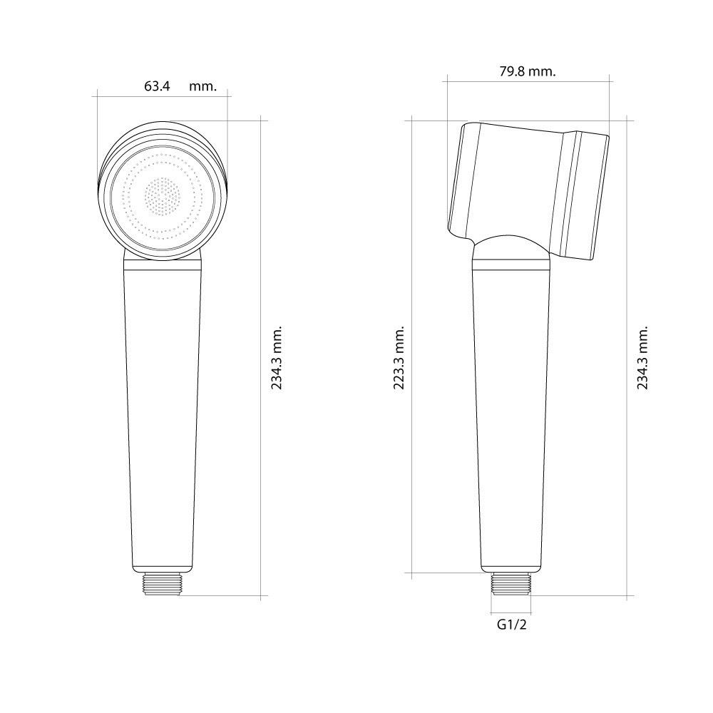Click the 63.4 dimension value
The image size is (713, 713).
click(157, 86)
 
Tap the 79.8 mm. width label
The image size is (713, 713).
click(527, 71)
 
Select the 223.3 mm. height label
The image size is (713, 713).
click(399, 358)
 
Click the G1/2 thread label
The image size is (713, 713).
click(511, 625)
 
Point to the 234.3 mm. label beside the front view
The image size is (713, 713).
click(277, 358)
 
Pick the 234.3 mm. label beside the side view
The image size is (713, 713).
click(643, 358)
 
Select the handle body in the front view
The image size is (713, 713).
click(163, 414)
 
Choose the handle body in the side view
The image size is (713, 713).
click(511, 414)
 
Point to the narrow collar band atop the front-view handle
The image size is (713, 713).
click(163, 265)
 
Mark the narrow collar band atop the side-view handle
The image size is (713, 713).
click(511, 265)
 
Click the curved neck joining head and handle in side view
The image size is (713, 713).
click(510, 248)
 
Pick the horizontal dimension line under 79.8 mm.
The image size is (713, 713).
click(527, 81)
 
